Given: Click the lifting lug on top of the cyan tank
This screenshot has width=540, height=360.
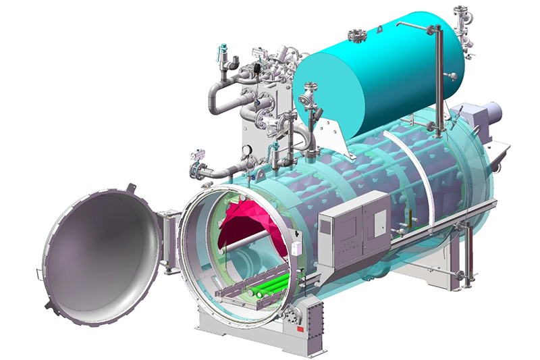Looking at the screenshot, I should tap(380, 28).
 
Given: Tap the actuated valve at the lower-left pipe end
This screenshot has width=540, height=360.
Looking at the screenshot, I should tap(197, 168).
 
